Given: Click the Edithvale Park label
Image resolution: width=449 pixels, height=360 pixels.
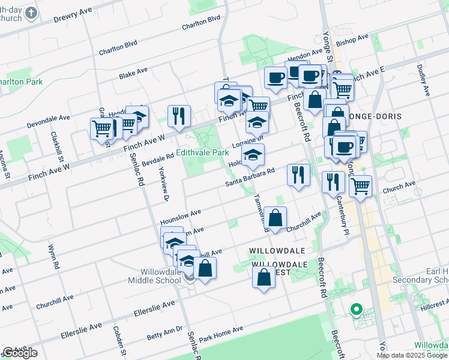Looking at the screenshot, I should [x=203, y=153].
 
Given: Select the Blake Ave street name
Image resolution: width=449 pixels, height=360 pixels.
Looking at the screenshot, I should [x=133, y=73].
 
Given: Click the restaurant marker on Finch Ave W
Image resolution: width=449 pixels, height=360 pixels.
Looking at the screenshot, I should [x=179, y=116].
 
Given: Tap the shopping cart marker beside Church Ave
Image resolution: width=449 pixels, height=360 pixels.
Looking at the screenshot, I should [x=360, y=186].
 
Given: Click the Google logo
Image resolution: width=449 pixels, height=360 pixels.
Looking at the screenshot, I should [x=20, y=353].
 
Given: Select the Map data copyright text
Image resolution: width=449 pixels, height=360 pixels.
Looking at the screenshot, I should [x=412, y=355].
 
